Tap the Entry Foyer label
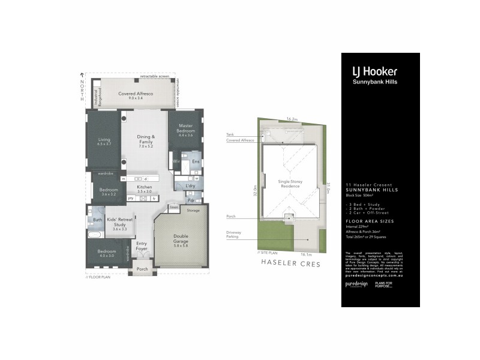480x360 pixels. [x=142, y=247]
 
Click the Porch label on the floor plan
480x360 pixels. [x=142, y=269]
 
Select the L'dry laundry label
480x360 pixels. [x=190, y=187]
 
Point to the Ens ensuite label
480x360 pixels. [x=196, y=163]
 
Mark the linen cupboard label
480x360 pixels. [x=173, y=207]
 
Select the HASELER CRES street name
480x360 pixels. [x=289, y=263]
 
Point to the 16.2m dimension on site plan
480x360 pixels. [x=292, y=119]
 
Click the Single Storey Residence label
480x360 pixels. [x=290, y=184]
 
